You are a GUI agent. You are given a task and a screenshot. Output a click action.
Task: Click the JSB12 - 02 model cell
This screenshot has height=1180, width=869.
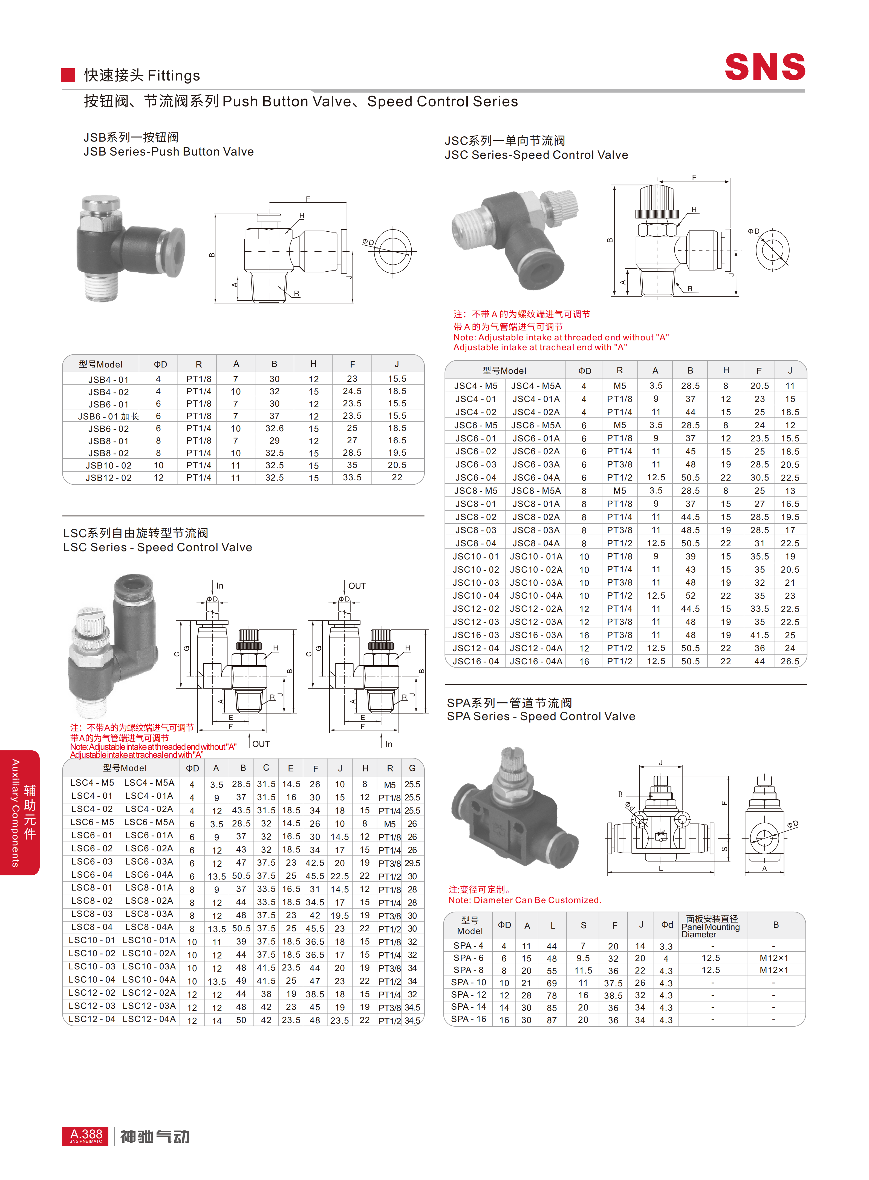coord(108,478)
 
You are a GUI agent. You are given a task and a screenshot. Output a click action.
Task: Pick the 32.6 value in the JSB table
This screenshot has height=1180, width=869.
coord(274,428)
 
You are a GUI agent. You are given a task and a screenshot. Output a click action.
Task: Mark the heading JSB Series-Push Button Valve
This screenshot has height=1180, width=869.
coord(168,152)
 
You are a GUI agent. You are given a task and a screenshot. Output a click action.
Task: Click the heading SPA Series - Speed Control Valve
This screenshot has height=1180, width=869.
coord(541,716)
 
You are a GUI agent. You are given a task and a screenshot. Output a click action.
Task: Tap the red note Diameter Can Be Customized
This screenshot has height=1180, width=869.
coord(524,900)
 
